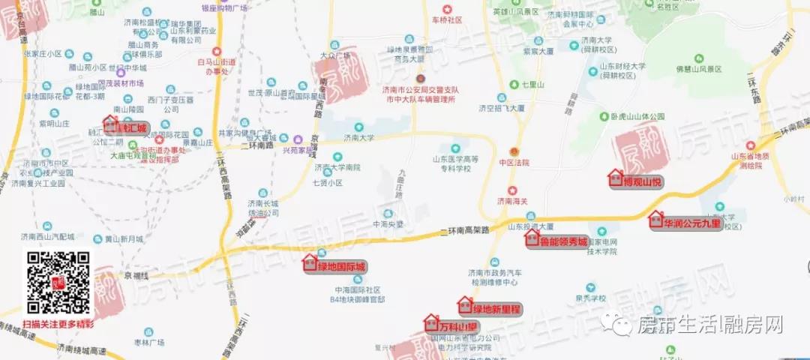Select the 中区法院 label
pos(514,163)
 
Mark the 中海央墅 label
pos(388,223)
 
